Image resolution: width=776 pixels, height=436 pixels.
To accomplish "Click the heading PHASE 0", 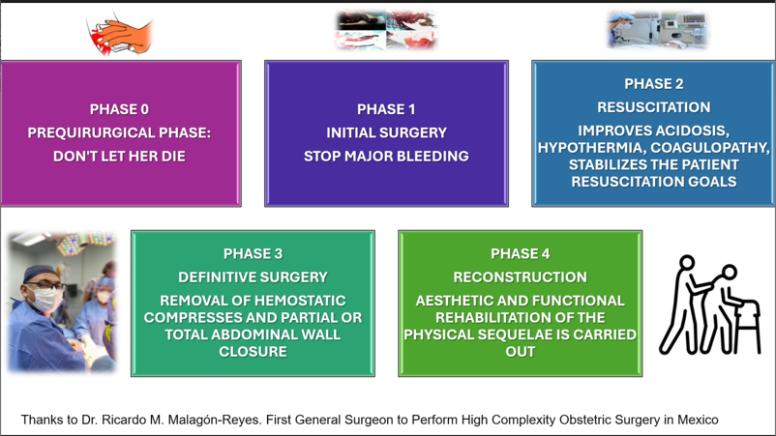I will point(119,109).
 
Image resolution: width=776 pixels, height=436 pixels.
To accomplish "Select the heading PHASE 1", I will point(386,109).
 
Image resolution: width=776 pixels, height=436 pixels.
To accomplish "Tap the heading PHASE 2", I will point(653,84).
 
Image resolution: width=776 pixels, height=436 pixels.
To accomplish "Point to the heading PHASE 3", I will point(253,254).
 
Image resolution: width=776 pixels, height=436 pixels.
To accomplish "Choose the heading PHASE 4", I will point(520,254).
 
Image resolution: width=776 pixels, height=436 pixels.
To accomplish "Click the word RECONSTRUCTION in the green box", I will point(520,277).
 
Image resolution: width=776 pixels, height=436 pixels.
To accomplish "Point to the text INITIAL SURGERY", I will point(386,132).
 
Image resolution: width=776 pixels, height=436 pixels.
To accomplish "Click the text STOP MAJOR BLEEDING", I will point(386,156).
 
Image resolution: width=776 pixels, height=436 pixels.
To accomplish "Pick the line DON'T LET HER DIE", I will point(119,156).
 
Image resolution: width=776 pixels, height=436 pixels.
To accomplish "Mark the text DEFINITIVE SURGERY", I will point(253,277).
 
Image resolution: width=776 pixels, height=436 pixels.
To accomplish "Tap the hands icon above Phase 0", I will point(120,34).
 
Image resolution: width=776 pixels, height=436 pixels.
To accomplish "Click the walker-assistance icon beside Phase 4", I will point(710,305).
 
